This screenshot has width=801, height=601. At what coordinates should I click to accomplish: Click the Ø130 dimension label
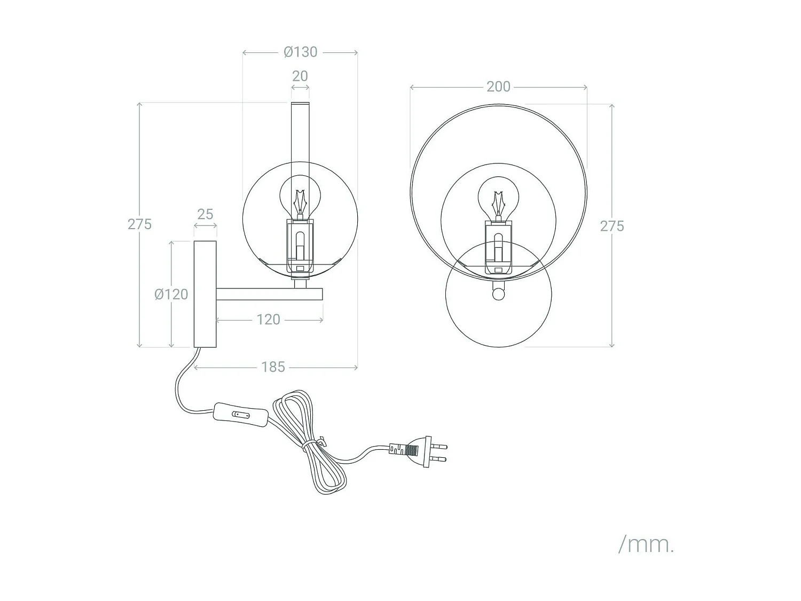point(300,52)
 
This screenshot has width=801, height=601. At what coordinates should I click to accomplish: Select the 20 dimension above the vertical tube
point(300,76)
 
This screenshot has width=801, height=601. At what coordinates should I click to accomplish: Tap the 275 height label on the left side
point(139,224)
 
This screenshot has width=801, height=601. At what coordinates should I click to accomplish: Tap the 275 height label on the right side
point(611,226)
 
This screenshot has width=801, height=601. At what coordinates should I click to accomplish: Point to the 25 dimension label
point(205,214)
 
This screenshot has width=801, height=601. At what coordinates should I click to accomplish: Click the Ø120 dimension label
point(171,294)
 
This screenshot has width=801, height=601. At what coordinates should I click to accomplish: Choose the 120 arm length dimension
point(268,319)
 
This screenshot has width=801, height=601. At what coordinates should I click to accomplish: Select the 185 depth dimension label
point(273,367)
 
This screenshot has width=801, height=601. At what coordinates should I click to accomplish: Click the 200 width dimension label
point(498,87)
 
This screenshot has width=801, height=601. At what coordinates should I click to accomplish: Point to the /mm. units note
point(646,544)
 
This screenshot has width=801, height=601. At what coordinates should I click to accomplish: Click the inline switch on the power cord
point(240,414)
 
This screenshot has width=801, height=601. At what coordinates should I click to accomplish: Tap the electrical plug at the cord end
point(422,451)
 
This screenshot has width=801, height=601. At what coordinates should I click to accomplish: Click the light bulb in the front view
point(498,198)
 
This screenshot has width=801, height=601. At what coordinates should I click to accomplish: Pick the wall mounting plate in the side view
point(205,294)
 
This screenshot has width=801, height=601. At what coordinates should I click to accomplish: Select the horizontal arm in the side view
point(270,294)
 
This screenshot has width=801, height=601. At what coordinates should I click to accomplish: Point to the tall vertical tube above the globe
point(300,134)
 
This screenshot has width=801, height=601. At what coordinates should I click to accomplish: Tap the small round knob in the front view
point(499,294)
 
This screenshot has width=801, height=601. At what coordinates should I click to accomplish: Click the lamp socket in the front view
point(498,248)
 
